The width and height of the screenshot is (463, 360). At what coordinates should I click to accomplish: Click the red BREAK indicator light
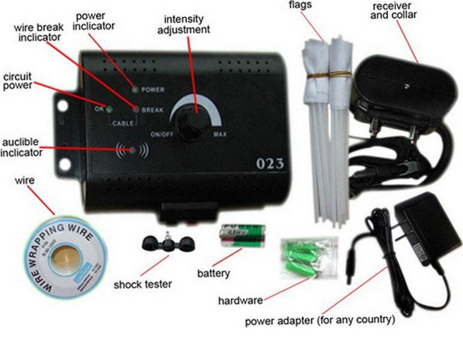tap(136, 110)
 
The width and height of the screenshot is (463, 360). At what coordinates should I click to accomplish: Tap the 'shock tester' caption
tap(142, 284)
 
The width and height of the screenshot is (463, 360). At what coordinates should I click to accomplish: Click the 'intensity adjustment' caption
tap(187, 24)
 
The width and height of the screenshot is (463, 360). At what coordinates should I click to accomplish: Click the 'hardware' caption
tap(240, 300)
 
